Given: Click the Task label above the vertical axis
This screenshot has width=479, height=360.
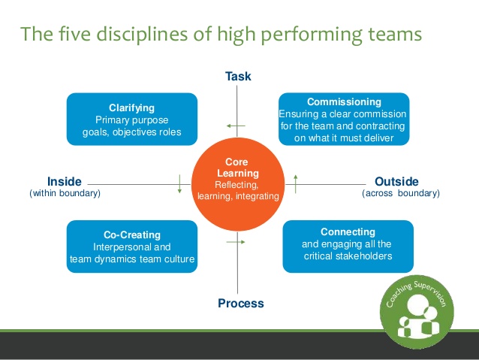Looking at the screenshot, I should pos(238,77).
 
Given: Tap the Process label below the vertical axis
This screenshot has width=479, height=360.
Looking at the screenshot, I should pos(240,304).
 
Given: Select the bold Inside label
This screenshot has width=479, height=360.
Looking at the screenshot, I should pos(64,181).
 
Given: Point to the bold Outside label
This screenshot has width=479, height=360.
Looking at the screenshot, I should pos(396,181).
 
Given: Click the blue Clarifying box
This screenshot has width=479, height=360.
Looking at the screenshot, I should pos(131,119).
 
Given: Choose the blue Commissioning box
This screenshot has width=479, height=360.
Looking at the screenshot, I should pos(344,118).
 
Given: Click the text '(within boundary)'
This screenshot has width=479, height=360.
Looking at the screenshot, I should pos(65,193).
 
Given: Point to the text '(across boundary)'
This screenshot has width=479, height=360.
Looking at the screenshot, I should pos(401,193).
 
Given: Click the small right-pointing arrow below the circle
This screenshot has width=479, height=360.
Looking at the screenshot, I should pos(240,241).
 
